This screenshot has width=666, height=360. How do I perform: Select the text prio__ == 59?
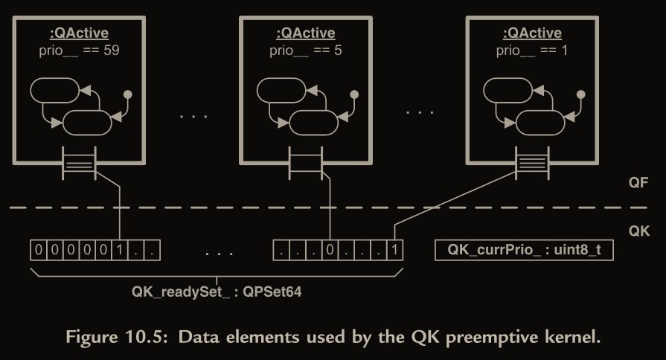coord(79,51)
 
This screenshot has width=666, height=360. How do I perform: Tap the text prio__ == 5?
coord(305,51)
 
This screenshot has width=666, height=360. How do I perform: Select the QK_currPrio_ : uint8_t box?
coord(523,251)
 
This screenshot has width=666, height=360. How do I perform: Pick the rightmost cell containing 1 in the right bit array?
coord(394,251)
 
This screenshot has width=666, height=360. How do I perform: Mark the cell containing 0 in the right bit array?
coord(330,251)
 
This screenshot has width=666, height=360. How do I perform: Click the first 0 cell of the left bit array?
coord(39,251)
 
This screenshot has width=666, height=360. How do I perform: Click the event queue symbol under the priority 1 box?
coord(531,162)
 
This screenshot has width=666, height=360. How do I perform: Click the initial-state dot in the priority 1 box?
coord(580,94)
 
